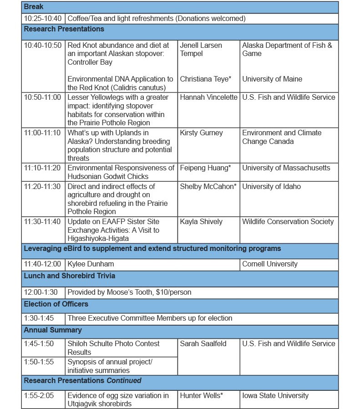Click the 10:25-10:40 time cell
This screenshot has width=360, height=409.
click(43, 19)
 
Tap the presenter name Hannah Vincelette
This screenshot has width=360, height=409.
click(208, 97)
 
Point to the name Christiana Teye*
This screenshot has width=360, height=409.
click(205, 79)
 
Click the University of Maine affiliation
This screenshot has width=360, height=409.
click(272, 79)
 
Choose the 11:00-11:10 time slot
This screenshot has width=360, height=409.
click(43, 133)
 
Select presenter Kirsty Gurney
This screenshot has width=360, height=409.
click(201, 133)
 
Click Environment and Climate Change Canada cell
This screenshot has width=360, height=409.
click(281, 137)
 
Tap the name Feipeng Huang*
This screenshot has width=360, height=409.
click(205, 168)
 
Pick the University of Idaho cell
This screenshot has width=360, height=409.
click(271, 186)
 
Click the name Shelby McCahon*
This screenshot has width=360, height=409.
click(208, 186)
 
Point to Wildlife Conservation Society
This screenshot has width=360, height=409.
click(288, 222)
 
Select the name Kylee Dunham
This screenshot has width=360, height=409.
click(91, 264)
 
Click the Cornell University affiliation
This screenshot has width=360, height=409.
click(269, 264)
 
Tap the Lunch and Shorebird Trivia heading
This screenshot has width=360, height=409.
click(69, 276)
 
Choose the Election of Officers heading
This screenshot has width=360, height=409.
click(56, 304)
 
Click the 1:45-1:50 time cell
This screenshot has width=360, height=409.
click(39, 343)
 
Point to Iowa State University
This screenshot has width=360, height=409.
click(275, 395)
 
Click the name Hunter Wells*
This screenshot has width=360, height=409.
click(201, 395)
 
